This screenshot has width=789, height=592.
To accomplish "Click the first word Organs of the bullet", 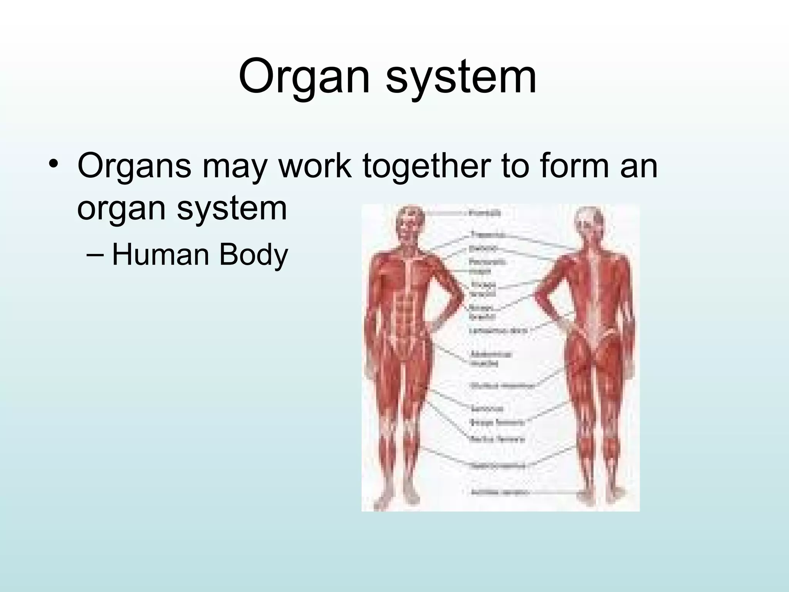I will point(134,166).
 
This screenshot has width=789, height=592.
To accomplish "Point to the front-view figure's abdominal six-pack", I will point(406,308).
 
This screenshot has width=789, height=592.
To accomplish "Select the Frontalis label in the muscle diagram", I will point(485,213).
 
